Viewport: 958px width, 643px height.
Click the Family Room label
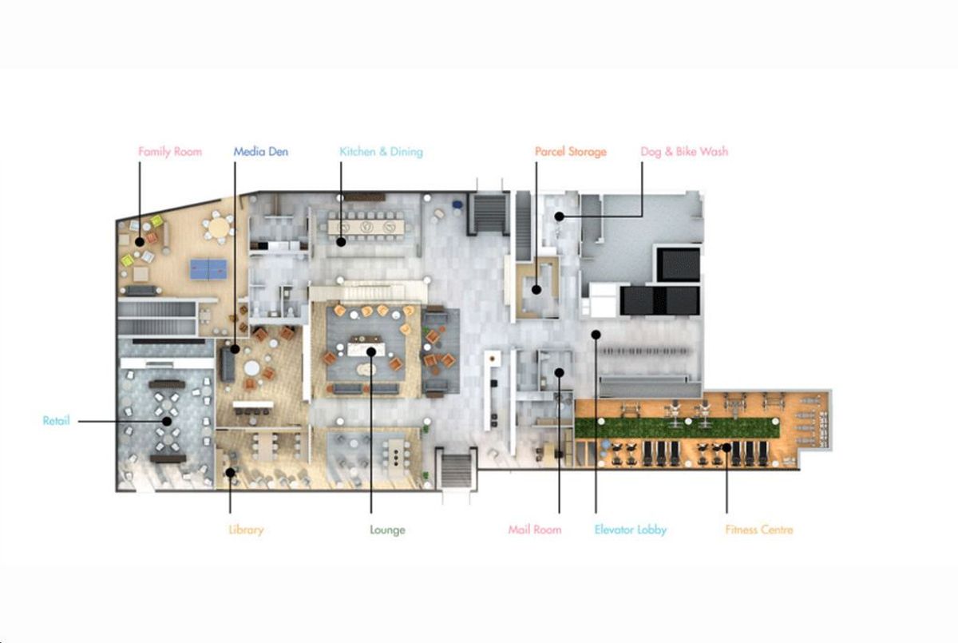170,152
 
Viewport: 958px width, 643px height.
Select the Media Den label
260,152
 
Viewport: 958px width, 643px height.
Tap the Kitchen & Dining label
381,152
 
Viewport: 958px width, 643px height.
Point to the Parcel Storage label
571,152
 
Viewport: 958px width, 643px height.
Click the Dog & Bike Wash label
684,152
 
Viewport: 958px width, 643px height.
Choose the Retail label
56,420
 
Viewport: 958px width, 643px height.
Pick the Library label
246,530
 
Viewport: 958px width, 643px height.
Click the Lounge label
387,530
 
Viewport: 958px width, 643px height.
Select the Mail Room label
535,530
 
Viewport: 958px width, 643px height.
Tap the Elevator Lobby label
631,530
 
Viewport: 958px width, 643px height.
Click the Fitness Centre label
759,530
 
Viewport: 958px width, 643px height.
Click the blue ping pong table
208,269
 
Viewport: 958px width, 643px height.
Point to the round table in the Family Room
219,227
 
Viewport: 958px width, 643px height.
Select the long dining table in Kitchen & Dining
366,227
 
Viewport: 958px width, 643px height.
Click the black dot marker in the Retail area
167,422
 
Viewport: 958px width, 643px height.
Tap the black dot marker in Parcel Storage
536,290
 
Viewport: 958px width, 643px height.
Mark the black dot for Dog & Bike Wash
559,216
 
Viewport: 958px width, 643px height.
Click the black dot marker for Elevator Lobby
596,335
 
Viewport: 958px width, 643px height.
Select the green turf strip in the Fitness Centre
677,428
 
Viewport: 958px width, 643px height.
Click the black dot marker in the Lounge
371,351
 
